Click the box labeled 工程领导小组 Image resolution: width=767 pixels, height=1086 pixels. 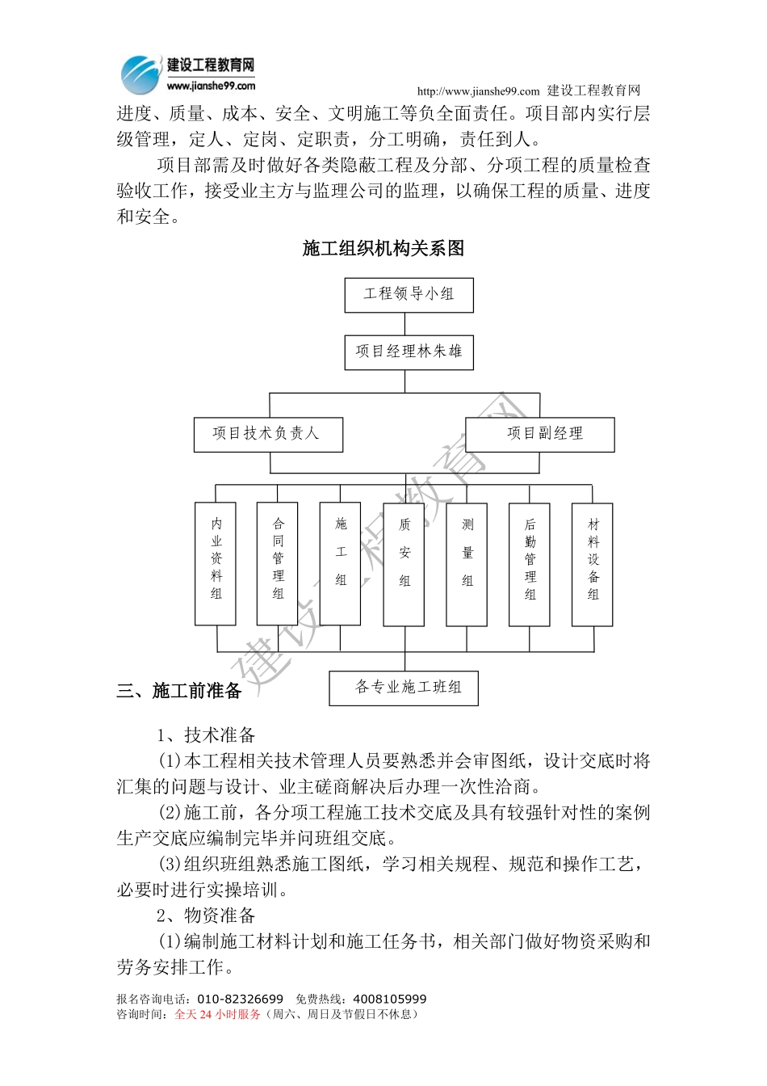[409, 295]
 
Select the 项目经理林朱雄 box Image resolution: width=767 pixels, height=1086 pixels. [409, 352]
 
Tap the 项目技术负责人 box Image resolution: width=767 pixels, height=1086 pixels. [268, 435]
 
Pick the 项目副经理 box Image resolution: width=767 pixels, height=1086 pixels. [539, 435]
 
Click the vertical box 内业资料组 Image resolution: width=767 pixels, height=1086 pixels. [216, 563]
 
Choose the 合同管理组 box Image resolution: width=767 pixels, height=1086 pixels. [278, 563]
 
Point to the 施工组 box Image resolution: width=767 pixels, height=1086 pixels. [341, 563]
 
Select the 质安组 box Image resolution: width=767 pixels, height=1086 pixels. [404, 563]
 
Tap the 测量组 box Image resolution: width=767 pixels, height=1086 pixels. [467, 563]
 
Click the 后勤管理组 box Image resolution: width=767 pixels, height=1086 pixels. [530, 563]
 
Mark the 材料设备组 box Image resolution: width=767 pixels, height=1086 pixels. [593, 563]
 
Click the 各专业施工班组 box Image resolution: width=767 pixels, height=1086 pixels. [404, 688]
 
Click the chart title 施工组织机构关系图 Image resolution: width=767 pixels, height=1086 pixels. [383, 249]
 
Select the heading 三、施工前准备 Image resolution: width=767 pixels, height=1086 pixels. [179, 691]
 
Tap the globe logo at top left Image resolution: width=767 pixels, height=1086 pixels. [140, 75]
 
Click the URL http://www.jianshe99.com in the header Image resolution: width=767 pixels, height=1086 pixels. [478, 91]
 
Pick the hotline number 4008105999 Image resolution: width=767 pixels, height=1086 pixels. [390, 1000]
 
